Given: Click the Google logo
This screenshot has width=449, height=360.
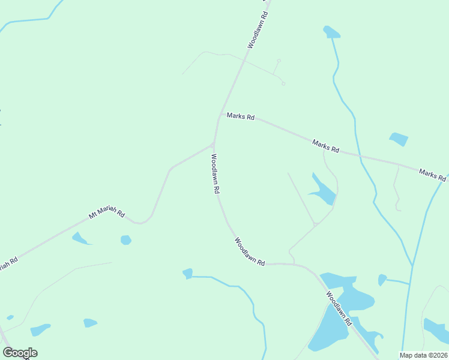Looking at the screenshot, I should [20, 353].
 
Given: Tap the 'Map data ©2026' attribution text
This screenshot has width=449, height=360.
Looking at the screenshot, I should [423, 355].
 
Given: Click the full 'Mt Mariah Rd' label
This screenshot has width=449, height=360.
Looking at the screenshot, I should [106, 214].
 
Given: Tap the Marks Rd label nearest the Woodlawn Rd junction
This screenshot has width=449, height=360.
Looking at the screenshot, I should [241, 116].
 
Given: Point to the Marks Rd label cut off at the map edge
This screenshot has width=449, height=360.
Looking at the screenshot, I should [433, 175].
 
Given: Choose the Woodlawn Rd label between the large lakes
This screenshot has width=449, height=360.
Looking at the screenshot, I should [339, 308].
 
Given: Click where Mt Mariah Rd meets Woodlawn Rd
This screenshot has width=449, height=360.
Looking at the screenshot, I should [212, 145].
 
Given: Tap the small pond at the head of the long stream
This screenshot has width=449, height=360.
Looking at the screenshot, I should [331, 32].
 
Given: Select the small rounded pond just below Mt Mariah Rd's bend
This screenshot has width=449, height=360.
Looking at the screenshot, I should [125, 240].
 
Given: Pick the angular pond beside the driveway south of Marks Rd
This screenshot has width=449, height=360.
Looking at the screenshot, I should [323, 190].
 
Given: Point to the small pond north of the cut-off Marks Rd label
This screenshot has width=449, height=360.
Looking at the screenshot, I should [399, 139].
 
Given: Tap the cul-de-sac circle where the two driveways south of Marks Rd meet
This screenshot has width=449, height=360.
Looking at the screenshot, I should [315, 224].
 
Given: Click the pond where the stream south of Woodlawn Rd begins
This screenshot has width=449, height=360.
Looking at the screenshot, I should [188, 274].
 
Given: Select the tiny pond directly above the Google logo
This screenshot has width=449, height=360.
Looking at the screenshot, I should [10, 317].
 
